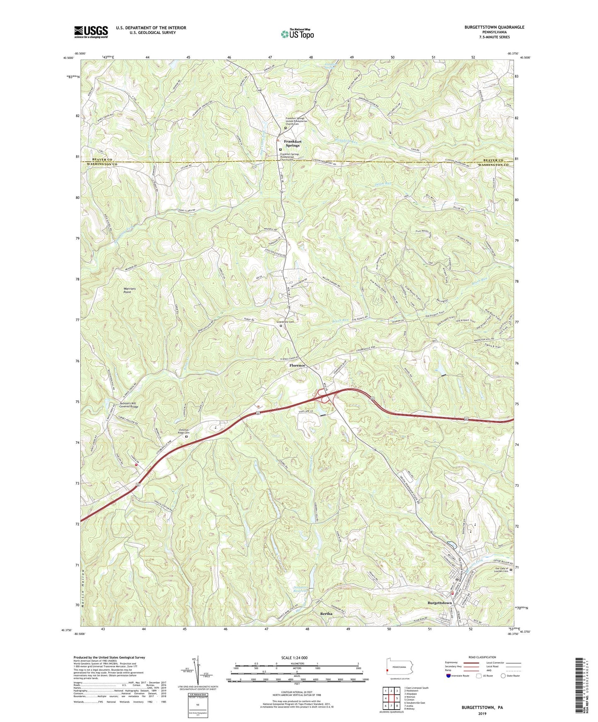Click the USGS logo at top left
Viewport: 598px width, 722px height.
(91, 31)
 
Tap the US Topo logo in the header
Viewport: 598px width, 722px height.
(297, 34)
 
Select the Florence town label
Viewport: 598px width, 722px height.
(297, 366)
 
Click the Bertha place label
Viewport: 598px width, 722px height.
(326, 614)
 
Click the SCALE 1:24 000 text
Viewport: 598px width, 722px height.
(297, 658)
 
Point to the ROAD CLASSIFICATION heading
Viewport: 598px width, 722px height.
(482, 657)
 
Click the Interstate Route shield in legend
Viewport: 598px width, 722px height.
(449, 676)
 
